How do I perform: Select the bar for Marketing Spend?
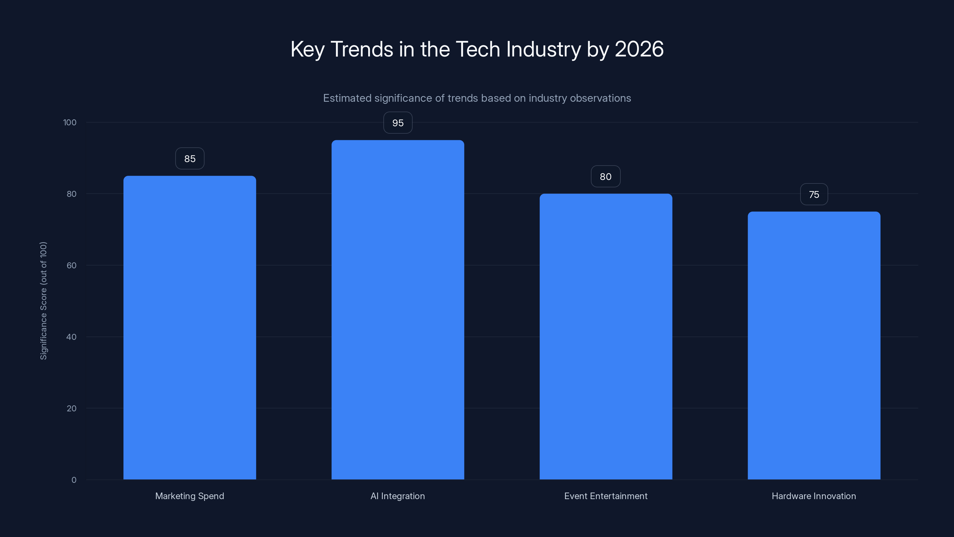[x=190, y=328]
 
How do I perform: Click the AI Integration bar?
[x=398, y=310]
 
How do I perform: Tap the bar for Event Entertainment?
[x=606, y=337]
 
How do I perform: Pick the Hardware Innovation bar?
[x=814, y=345]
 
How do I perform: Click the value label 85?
[x=190, y=159]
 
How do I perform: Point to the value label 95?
[x=398, y=123]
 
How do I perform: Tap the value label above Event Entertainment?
[x=605, y=176]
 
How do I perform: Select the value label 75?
[x=814, y=194]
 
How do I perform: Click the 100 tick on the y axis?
[x=70, y=122]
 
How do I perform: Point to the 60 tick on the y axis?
[x=72, y=265]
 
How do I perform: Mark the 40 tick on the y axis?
[x=72, y=337]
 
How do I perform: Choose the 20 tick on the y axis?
[x=72, y=408]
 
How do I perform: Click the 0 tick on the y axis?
[x=74, y=480]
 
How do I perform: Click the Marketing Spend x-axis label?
[x=190, y=496]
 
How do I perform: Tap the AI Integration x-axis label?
[x=398, y=496]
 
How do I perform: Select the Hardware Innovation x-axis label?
[x=814, y=496]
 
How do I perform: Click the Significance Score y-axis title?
[x=43, y=300]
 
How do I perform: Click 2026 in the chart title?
[x=639, y=49]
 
